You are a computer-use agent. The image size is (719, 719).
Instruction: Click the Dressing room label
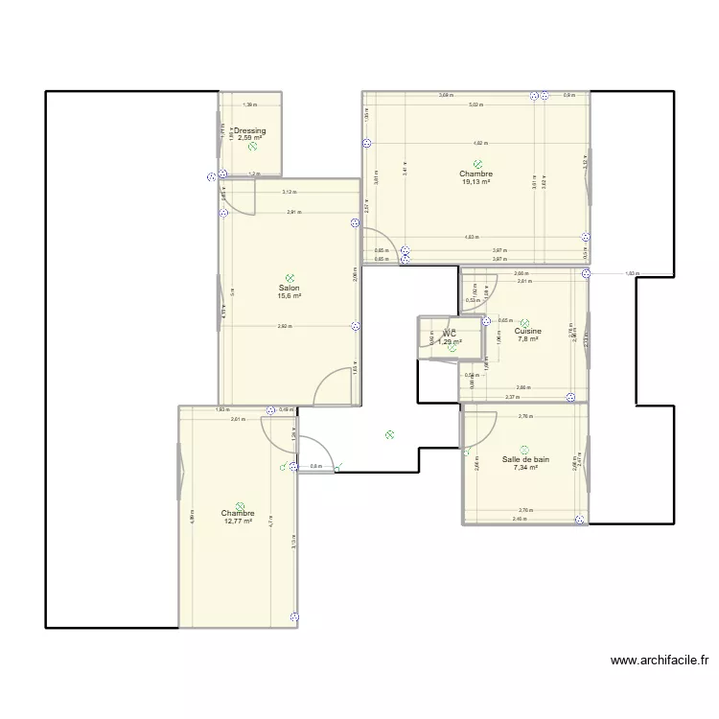click(250, 130)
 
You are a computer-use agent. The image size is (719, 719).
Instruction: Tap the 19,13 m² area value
click(475, 182)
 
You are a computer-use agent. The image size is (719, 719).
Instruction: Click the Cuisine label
click(527, 332)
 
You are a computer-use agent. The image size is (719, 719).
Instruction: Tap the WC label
click(449, 334)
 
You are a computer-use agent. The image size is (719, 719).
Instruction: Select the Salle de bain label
click(525, 459)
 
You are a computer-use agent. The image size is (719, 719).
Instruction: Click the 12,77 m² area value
click(238, 522)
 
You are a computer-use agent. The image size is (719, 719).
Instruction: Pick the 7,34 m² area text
click(525, 468)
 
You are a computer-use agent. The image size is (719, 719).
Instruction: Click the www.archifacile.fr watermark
click(659, 661)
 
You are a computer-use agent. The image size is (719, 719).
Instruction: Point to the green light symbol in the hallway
click(389, 434)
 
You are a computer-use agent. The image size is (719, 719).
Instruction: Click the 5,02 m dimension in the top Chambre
click(475, 104)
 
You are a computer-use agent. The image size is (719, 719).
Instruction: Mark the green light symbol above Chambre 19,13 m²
click(476, 164)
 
